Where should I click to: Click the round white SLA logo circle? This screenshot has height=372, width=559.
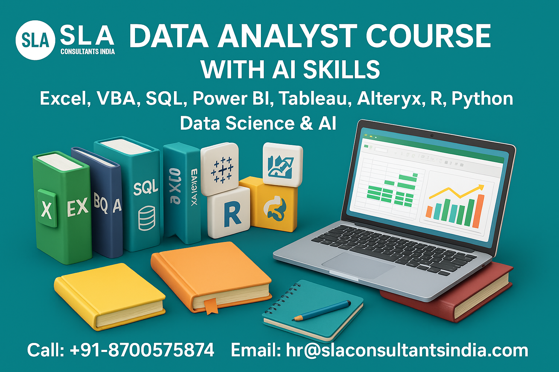(x=35, y=40)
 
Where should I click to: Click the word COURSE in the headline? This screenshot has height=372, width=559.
(x=428, y=36)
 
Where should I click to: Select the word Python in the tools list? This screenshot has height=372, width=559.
(x=482, y=98)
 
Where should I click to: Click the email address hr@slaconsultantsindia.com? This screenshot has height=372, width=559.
(x=407, y=350)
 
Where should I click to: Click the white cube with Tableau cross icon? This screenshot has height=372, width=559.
(x=220, y=169)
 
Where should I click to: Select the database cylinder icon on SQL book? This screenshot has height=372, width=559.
(x=146, y=218)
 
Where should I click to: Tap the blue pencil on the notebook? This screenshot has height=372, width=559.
(x=322, y=311)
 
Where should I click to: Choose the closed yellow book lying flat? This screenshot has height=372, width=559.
(x=109, y=294)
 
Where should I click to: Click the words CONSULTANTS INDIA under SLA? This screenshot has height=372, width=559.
(x=87, y=52)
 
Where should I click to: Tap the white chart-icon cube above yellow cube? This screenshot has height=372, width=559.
(x=282, y=164)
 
